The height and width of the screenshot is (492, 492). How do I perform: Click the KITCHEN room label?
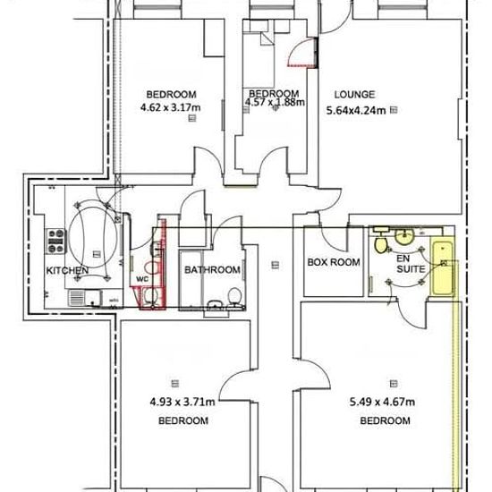pos(67,269)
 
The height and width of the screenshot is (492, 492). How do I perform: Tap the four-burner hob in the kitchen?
pos(55,239)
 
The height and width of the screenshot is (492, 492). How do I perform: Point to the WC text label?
pos(141,279)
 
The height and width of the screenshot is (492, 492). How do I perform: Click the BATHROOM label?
pos(212,269)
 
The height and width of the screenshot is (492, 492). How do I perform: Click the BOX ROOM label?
pos(334,262)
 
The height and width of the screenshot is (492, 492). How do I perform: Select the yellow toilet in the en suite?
pos(381,243)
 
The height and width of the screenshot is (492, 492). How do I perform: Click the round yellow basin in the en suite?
pos(404,237)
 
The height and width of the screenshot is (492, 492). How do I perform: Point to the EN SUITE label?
pos(409,263)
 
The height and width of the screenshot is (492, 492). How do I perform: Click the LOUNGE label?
pos(354,95)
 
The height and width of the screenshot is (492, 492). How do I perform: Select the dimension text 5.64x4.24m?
pos(356,111)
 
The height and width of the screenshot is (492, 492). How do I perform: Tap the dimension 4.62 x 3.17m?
pos(171,110)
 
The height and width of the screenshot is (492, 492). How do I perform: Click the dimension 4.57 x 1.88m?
pos(275,103)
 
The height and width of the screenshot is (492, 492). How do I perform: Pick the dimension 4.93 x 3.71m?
pos(182,402)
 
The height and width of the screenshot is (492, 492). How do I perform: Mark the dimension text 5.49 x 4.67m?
pos(384,402)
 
